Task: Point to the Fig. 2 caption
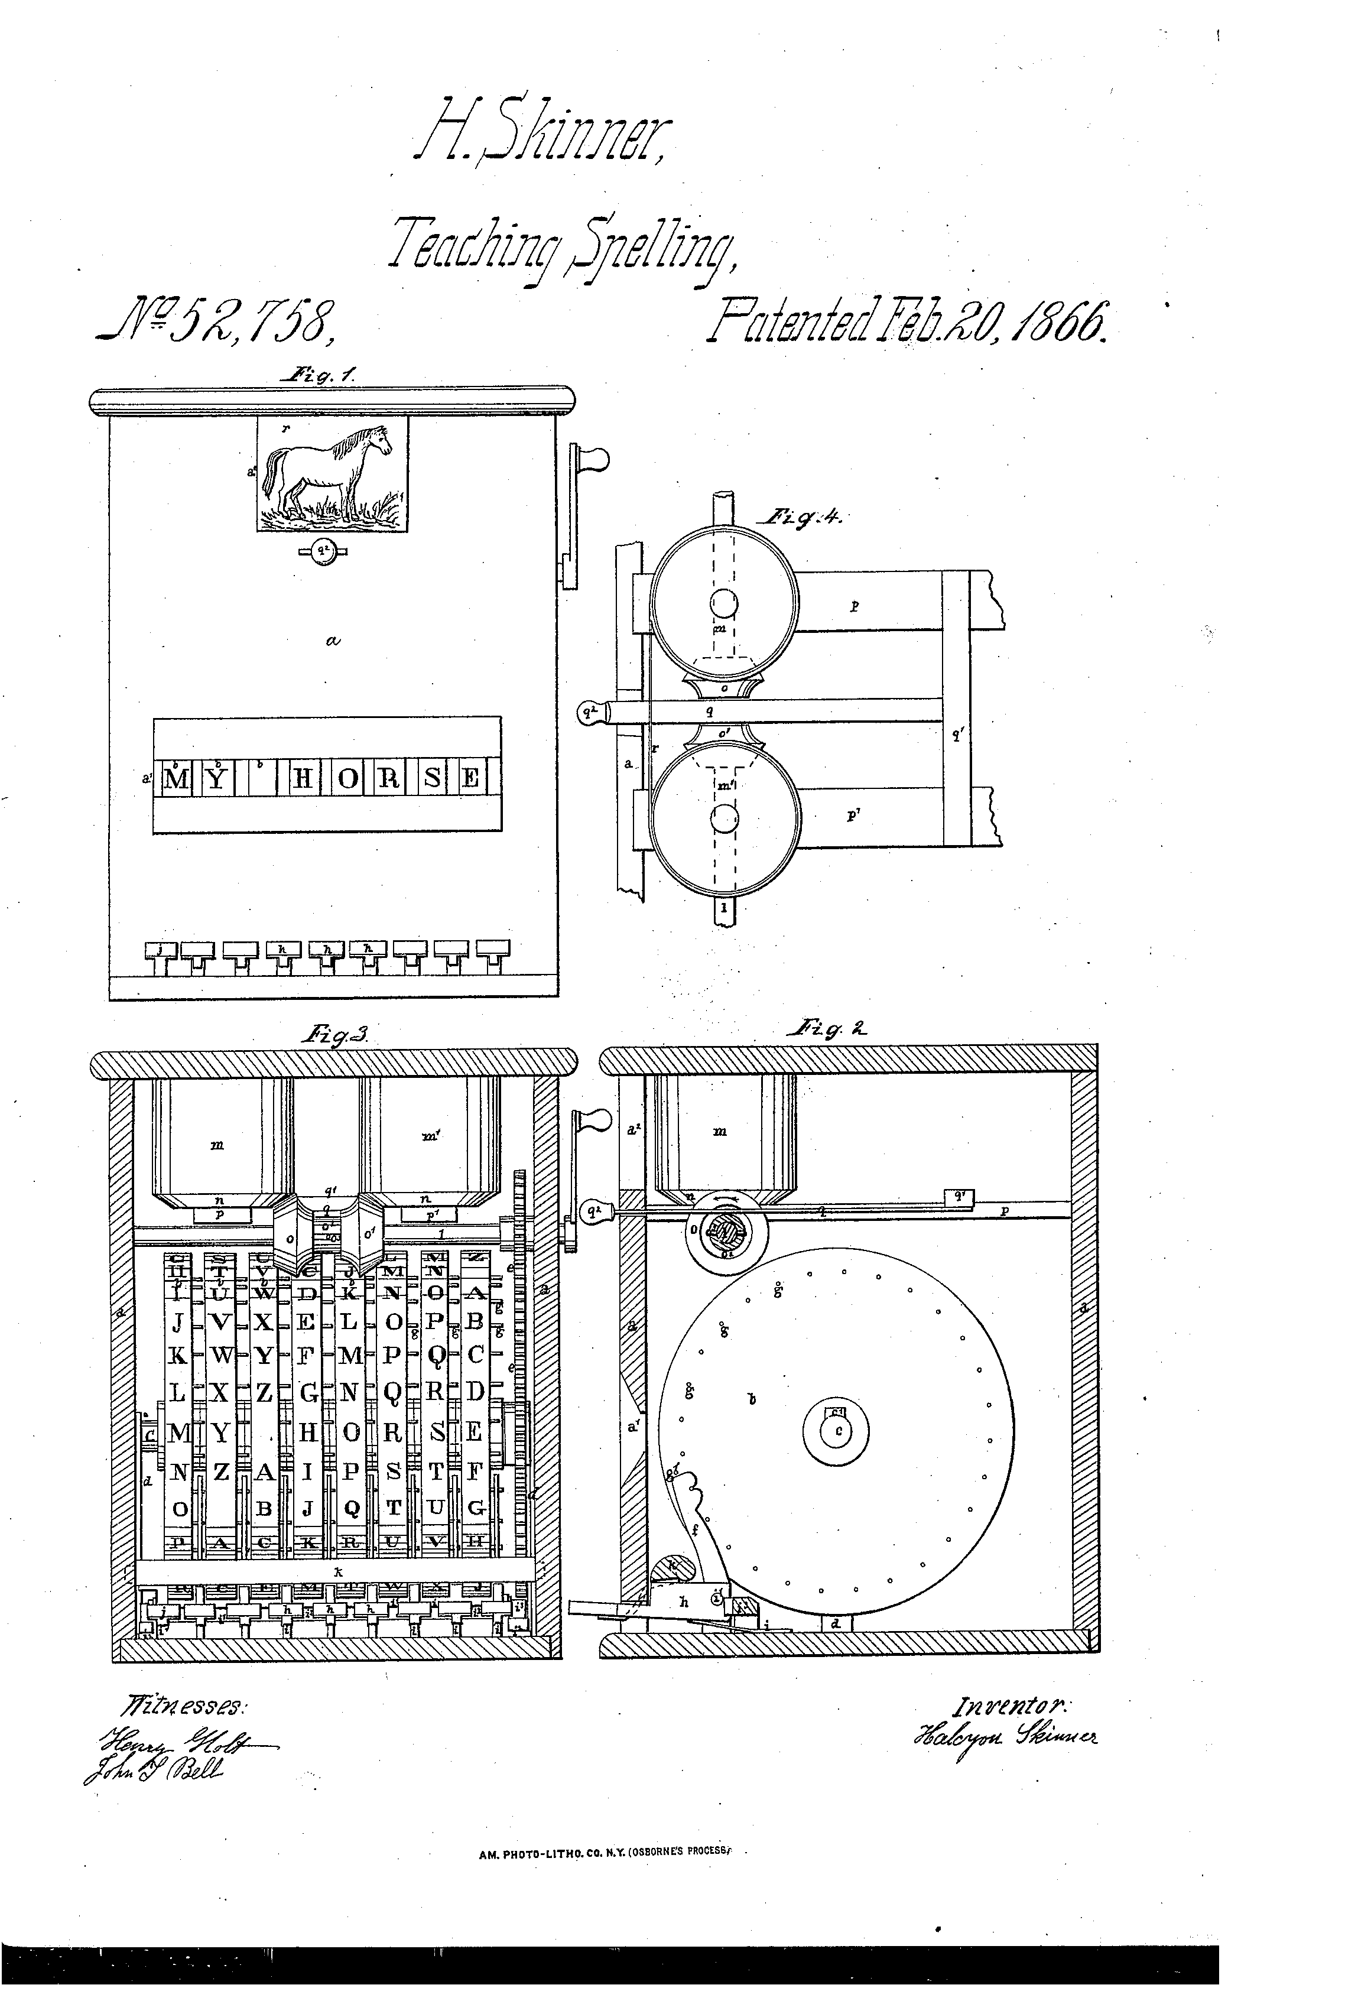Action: tap(827, 1029)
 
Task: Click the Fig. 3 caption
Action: tap(334, 1033)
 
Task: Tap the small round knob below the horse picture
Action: tap(323, 552)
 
